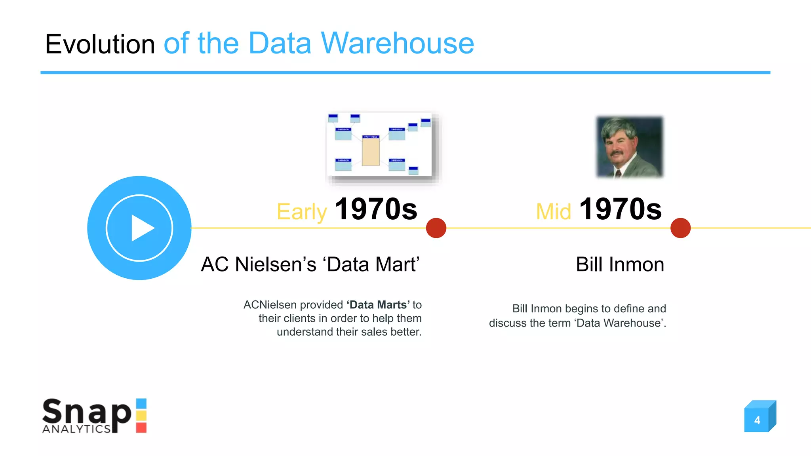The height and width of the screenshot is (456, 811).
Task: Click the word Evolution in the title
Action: pyautogui.click(x=100, y=44)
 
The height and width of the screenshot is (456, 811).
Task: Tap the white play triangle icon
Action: pyautogui.click(x=142, y=228)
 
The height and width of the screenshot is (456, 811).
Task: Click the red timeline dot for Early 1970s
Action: pyautogui.click(x=436, y=228)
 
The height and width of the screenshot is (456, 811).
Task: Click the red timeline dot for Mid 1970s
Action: pyautogui.click(x=680, y=228)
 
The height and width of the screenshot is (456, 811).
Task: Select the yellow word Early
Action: pyautogui.click(x=301, y=212)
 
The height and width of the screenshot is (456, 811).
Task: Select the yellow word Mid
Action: pyautogui.click(x=553, y=212)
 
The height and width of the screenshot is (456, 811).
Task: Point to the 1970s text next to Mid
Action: pyautogui.click(x=620, y=209)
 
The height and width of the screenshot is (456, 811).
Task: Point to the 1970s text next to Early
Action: pyautogui.click(x=376, y=209)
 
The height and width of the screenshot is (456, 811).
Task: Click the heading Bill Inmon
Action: pyautogui.click(x=620, y=264)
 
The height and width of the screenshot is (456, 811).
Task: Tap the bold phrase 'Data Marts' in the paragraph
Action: pyautogui.click(x=378, y=305)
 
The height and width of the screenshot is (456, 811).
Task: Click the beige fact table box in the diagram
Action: pyautogui.click(x=371, y=152)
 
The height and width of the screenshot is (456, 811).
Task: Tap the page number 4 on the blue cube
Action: pyautogui.click(x=757, y=420)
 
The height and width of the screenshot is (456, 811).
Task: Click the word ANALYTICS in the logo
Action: pyautogui.click(x=76, y=429)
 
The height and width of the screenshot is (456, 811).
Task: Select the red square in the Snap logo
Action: pyautogui.click(x=141, y=427)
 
